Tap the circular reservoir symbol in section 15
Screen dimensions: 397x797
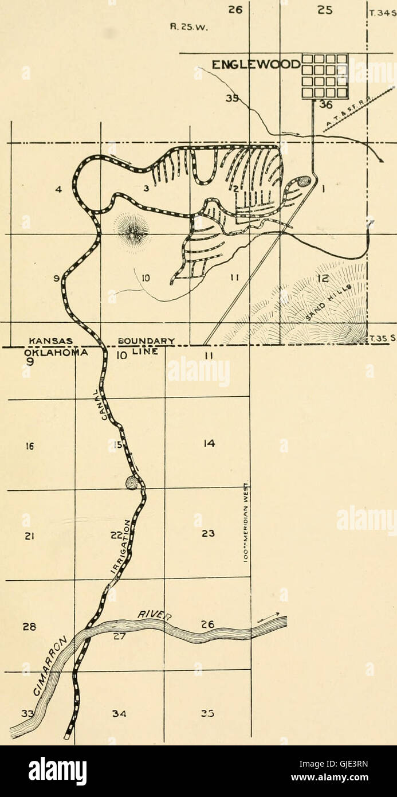tap(133, 483)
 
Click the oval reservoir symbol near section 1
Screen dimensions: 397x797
tap(302, 182)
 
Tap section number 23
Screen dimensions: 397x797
tap(209, 534)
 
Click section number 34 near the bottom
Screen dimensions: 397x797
tap(119, 714)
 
